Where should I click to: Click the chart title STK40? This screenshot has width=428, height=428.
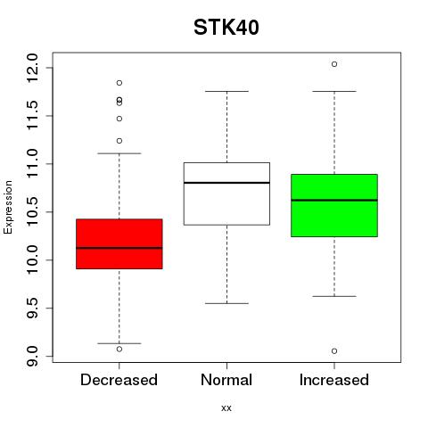tap(226, 28)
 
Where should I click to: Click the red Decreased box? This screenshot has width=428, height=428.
tap(119, 244)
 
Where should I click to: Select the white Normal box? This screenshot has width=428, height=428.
tap(226, 193)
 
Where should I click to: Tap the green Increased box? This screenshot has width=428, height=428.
tap(334, 205)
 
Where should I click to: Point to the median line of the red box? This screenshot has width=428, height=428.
tap(119, 248)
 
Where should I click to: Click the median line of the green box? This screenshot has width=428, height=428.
tap(334, 200)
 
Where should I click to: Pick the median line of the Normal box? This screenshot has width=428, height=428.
tap(226, 183)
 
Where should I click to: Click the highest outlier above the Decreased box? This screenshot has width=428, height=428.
tap(119, 83)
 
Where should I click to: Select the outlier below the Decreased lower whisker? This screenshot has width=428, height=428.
tap(119, 350)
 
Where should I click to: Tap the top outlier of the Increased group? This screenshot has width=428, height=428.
tap(334, 64)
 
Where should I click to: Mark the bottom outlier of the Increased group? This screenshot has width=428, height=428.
tap(334, 351)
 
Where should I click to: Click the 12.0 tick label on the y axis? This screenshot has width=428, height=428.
tap(32, 68)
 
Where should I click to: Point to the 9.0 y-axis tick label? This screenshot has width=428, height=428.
tap(32, 356)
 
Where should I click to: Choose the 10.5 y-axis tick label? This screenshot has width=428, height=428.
tap(32, 212)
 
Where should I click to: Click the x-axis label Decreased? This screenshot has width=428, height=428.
tap(119, 380)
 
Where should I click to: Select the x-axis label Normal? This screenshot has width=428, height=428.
tap(226, 380)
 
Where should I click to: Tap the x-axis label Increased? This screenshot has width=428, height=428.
tap(334, 380)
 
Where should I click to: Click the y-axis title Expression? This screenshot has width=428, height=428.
tap(8, 207)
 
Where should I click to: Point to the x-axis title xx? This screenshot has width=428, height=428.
tap(226, 408)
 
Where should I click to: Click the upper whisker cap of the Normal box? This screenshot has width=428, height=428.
tap(226, 91)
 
